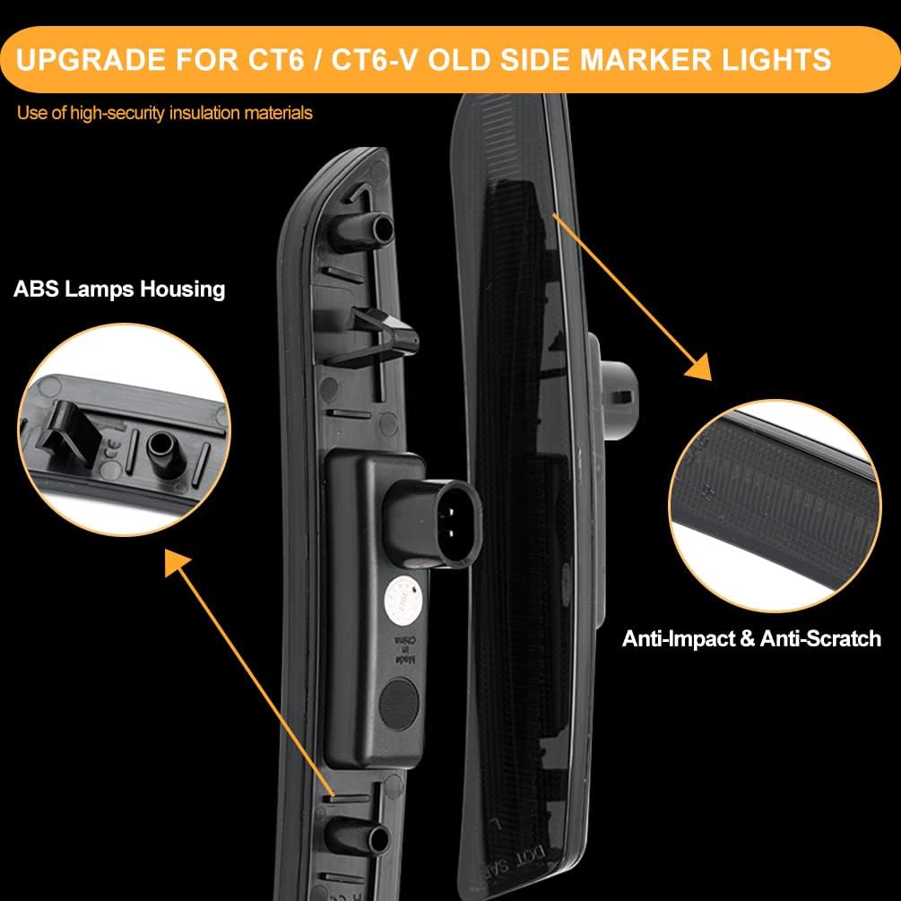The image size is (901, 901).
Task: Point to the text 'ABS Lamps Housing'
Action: [x=119, y=289]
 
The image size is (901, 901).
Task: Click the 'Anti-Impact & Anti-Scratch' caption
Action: [x=751, y=638]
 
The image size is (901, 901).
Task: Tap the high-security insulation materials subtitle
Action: [x=165, y=113]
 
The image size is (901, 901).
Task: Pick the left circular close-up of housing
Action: [x=123, y=431]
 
